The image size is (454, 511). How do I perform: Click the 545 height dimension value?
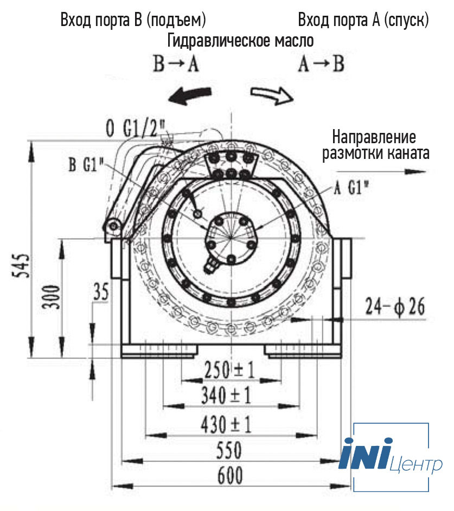click(x=21, y=266)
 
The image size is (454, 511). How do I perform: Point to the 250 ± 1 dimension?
click(x=229, y=370)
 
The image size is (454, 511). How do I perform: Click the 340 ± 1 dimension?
click(x=226, y=395)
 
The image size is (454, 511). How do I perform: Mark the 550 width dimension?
click(x=229, y=450)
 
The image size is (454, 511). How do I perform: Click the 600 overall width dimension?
click(x=230, y=476)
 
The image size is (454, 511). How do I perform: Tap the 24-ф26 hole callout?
click(x=395, y=306)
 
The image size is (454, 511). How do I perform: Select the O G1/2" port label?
click(x=136, y=129)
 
